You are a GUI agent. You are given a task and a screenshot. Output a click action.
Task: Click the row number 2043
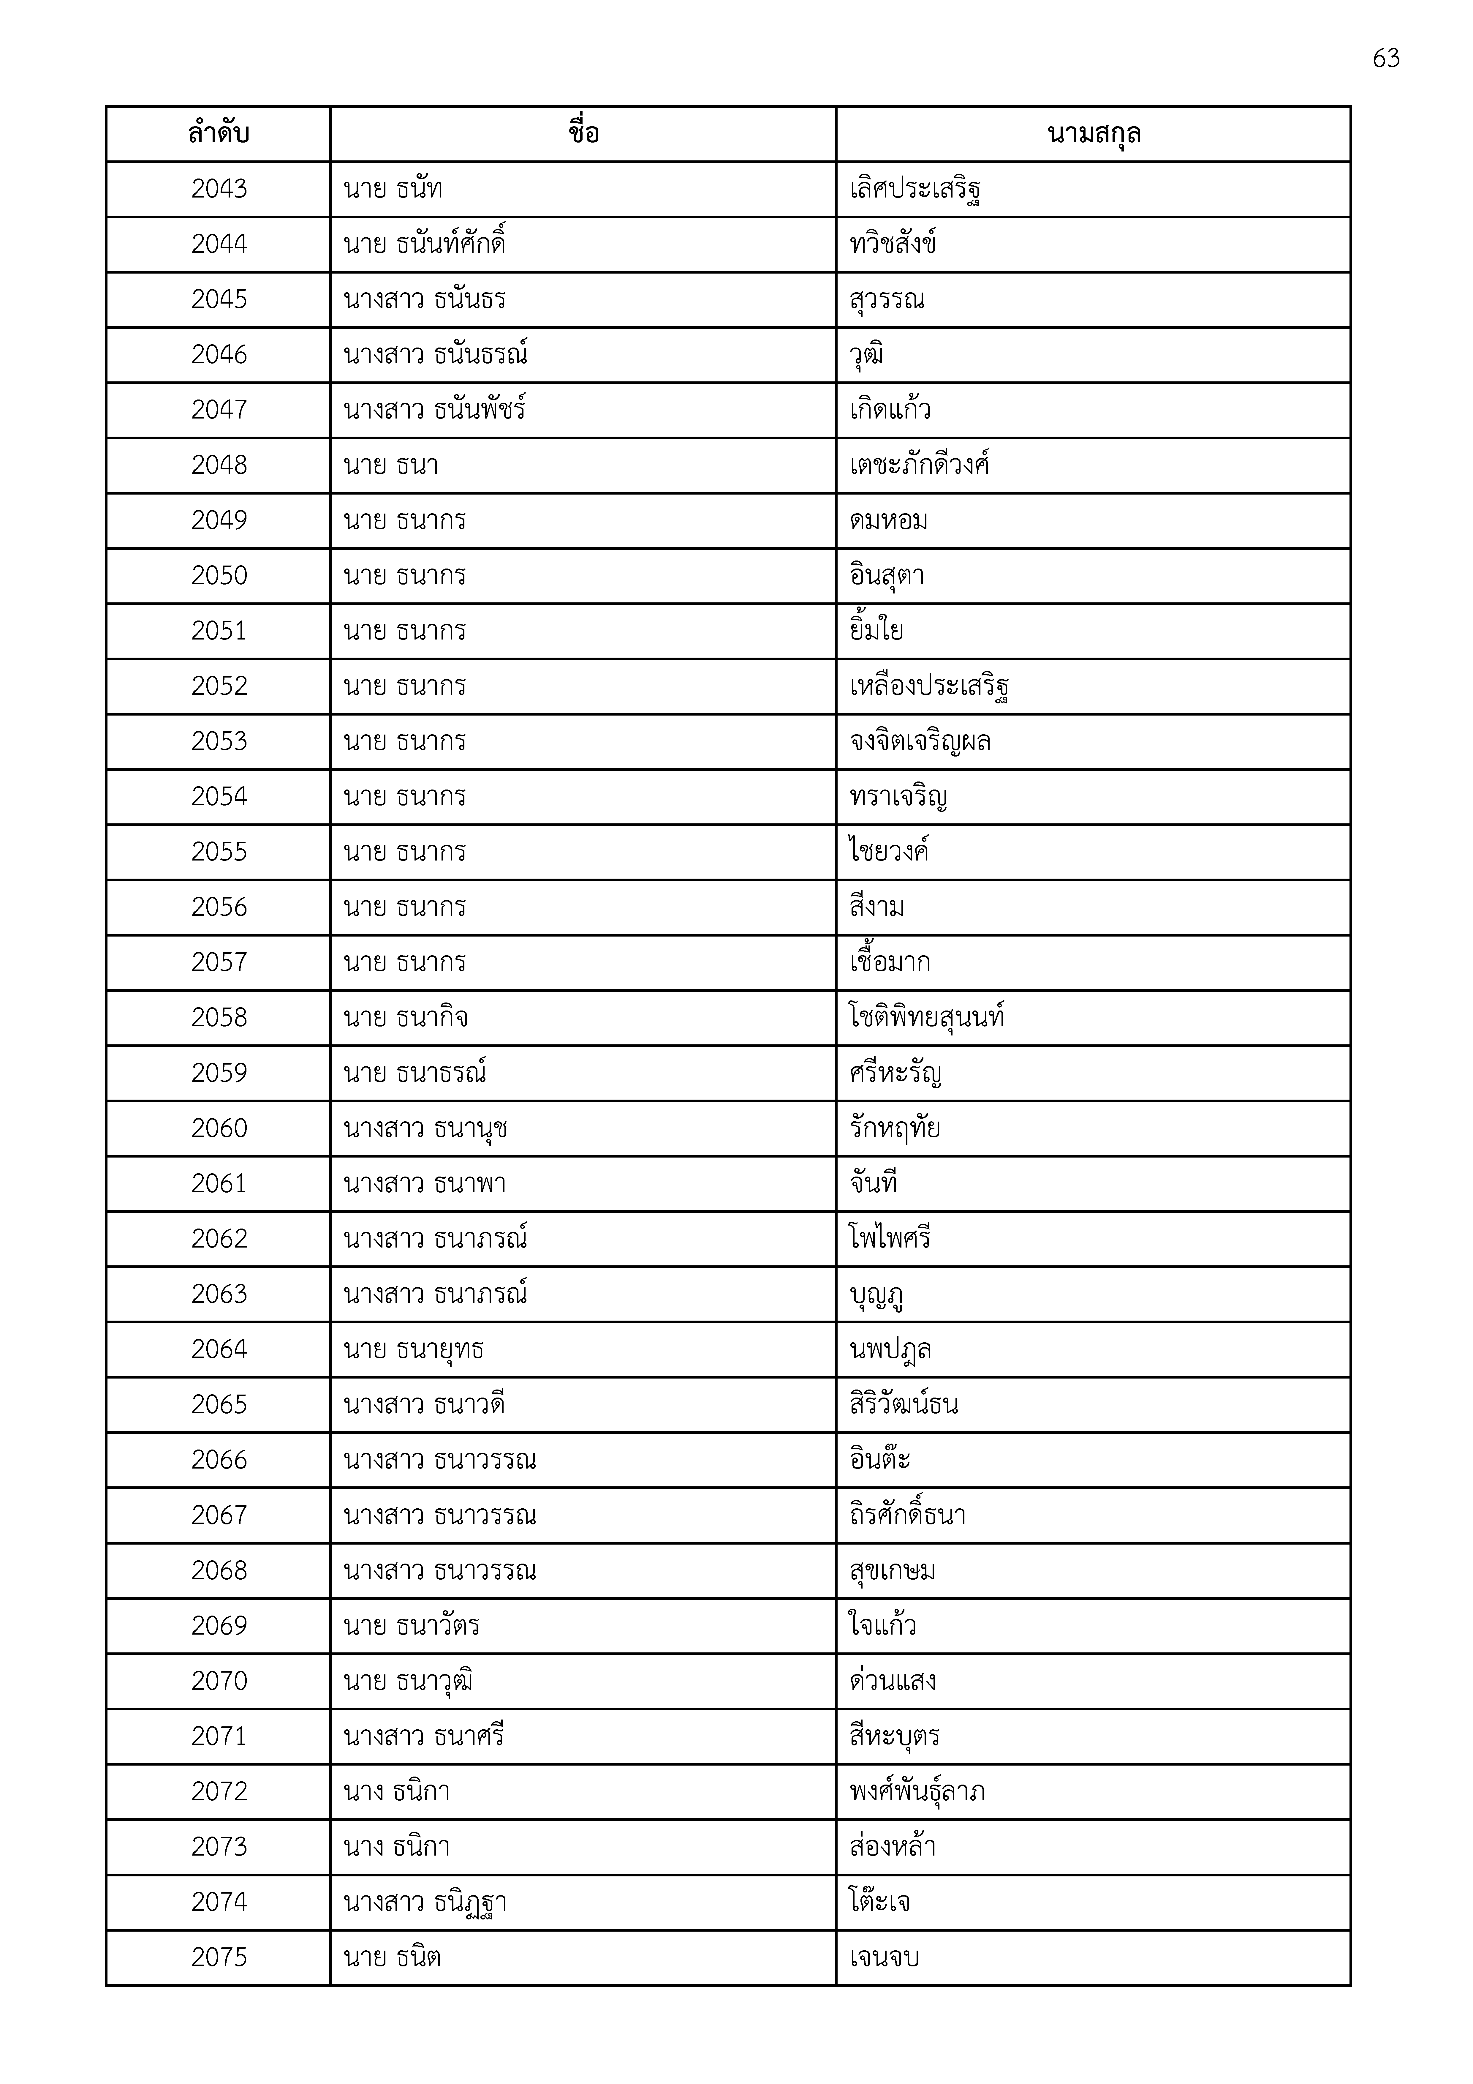[x=219, y=189]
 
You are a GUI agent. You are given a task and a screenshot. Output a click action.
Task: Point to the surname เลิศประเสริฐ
[x=915, y=189]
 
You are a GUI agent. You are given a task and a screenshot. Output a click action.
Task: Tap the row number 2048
[x=219, y=465]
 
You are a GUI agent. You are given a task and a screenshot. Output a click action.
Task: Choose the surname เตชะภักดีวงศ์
[x=918, y=465]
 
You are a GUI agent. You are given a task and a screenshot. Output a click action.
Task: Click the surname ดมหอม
[x=888, y=520]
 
